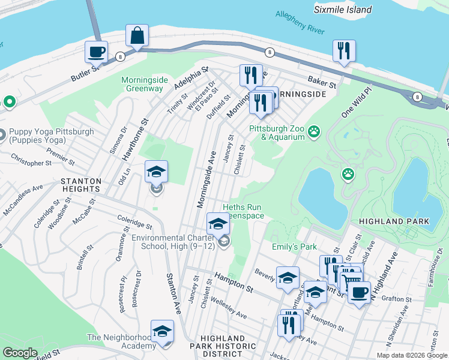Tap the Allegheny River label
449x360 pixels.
pyautogui.click(x=300, y=22)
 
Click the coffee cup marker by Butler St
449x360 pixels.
pyautogui.click(x=96, y=52)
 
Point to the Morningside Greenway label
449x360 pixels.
pyautogui.click(x=142, y=84)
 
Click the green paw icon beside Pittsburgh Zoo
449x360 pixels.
pyautogui.click(x=314, y=131)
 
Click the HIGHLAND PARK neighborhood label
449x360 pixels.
pyautogui.click(x=394, y=221)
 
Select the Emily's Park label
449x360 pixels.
pyautogui.click(x=295, y=247)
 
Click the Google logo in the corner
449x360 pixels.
pyautogui.click(x=20, y=353)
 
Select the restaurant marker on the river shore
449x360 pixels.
pyautogui.click(x=344, y=51)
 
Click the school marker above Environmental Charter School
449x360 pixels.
pyautogui.click(x=218, y=224)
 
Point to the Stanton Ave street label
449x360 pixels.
pyautogui.click(x=173, y=294)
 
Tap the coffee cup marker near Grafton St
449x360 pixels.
pyautogui.click(x=359, y=292)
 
